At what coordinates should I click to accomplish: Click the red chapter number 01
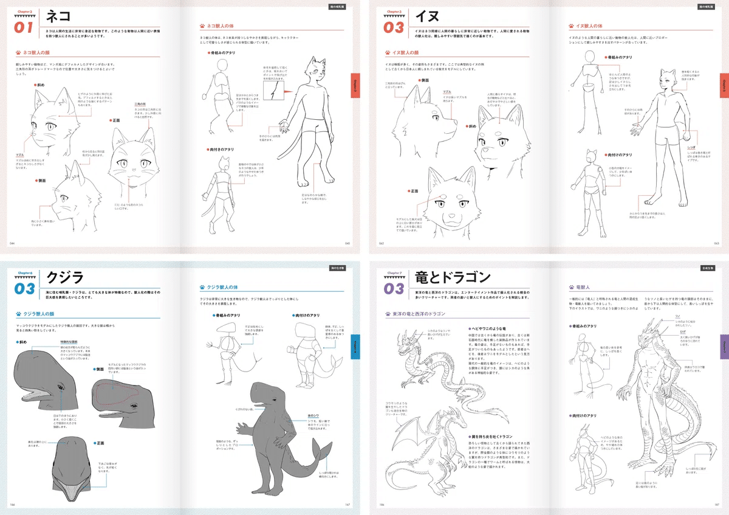tap(26, 27)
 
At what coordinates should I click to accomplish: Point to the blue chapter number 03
tap(26, 289)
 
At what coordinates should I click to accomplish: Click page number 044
tap(12, 243)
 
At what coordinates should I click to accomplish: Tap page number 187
tap(717, 505)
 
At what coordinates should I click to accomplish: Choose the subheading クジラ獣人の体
tap(224, 288)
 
